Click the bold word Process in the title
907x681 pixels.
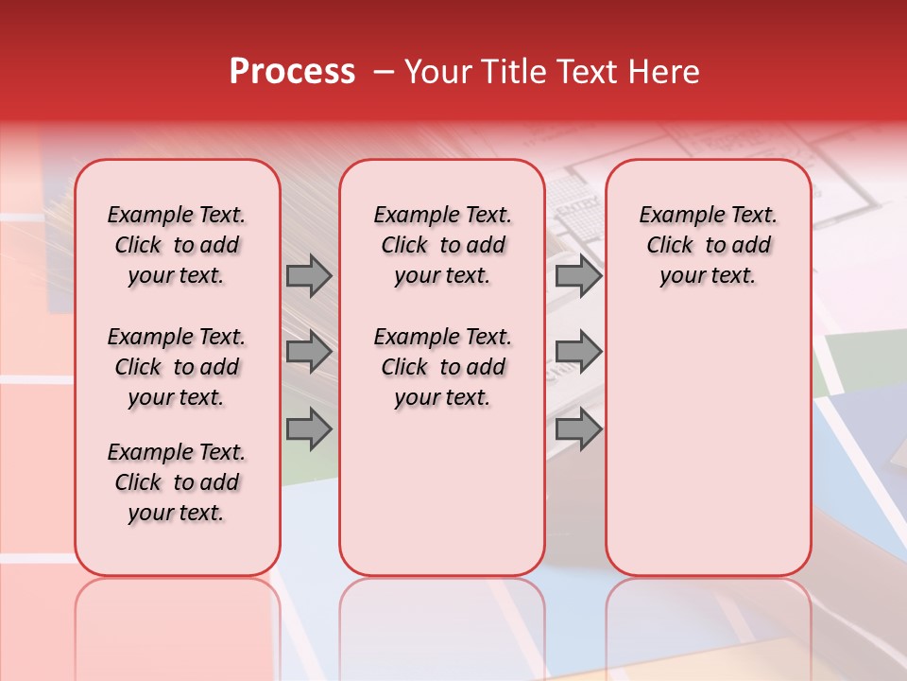click(x=292, y=72)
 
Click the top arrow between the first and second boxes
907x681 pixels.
click(x=309, y=276)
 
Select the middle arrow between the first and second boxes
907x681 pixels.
click(x=309, y=353)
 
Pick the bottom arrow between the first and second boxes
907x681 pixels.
click(x=309, y=428)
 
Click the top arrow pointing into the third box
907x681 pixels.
click(x=578, y=276)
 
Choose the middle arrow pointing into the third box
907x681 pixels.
click(x=578, y=353)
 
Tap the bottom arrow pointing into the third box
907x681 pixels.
click(x=578, y=428)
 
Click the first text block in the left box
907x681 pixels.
click(x=177, y=245)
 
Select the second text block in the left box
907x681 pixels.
click(x=177, y=367)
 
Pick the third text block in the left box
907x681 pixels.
click(x=177, y=482)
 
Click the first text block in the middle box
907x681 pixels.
click(x=442, y=245)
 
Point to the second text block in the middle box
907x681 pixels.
click(x=442, y=367)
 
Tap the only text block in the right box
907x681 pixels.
click(x=709, y=245)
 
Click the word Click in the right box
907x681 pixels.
click(x=670, y=246)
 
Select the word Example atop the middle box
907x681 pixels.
click(x=409, y=216)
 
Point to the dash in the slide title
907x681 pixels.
click(x=384, y=72)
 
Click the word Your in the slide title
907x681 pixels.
click(x=436, y=72)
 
